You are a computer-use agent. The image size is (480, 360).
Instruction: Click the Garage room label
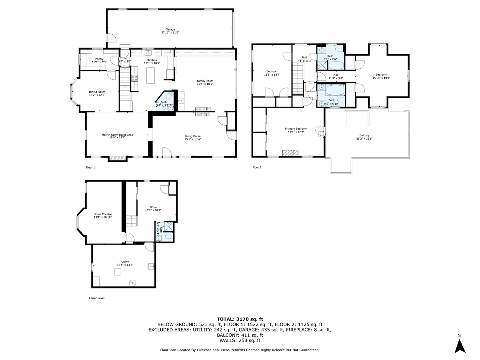pos(170,29)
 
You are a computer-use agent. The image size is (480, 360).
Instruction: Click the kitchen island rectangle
pos(150,76)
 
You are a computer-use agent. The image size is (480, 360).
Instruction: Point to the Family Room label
pos(205,81)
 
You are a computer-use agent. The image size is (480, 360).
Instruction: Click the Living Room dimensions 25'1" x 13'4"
pos(192,139)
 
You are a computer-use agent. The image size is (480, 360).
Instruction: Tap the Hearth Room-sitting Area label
pos(117,135)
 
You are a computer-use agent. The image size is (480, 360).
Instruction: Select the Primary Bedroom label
pos(296,128)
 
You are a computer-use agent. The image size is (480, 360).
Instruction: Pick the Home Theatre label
pos(103,214)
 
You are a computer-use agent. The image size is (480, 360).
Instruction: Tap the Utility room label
pos(125,262)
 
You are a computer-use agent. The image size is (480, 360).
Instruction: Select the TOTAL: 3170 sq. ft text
pos(240,318)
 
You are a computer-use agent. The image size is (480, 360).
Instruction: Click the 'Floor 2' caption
pos(257,168)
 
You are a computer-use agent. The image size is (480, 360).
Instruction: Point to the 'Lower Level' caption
pos(96,298)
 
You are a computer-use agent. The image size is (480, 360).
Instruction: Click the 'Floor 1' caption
pos(90,168)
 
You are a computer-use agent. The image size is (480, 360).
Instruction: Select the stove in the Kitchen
pos(135,78)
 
